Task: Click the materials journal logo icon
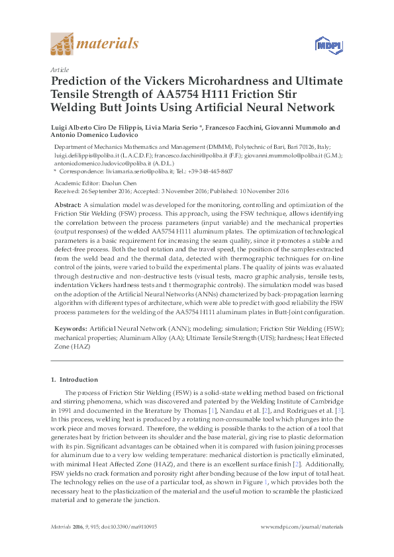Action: pos(63,45)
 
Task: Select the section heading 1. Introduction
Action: pos(75,380)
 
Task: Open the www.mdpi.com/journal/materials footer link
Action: pos(302,527)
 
